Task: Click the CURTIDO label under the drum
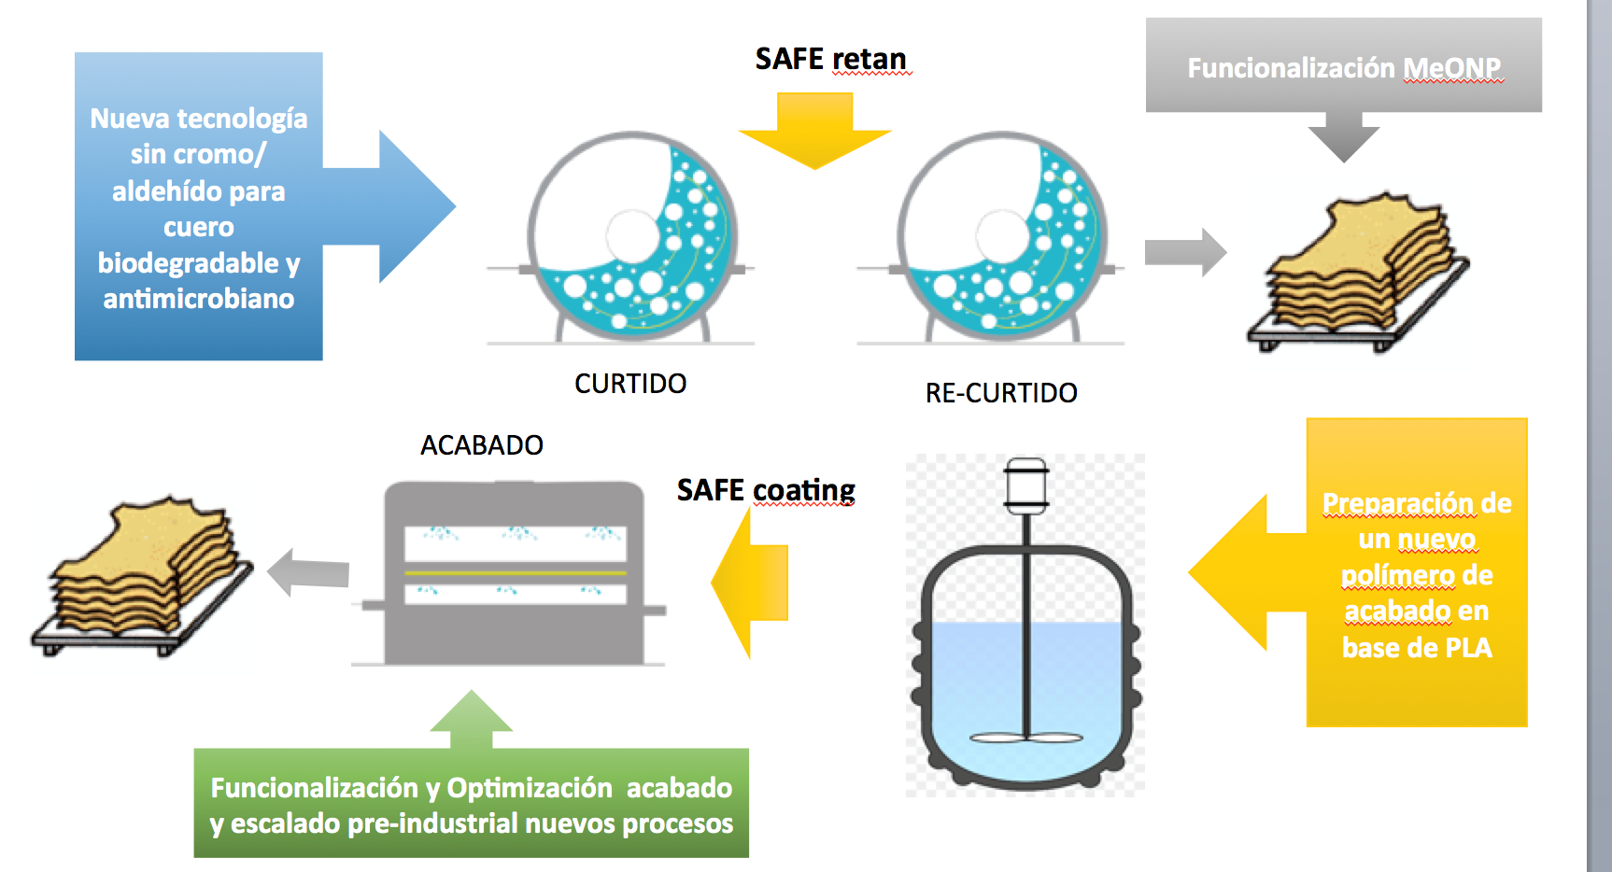click(630, 384)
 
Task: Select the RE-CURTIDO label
click(1001, 393)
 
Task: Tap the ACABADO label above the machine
click(482, 445)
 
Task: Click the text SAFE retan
click(830, 59)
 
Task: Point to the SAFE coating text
click(766, 491)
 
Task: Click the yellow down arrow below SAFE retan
click(814, 131)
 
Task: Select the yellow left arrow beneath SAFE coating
click(750, 583)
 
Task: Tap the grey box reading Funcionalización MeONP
click(1343, 65)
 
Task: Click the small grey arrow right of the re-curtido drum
click(1185, 252)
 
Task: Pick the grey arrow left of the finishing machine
click(308, 572)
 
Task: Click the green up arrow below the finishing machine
click(472, 720)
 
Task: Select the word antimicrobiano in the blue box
click(199, 299)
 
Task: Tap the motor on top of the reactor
click(1025, 484)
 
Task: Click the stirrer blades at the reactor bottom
click(1025, 738)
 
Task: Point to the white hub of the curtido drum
click(633, 235)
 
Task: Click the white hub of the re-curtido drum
click(1003, 235)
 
